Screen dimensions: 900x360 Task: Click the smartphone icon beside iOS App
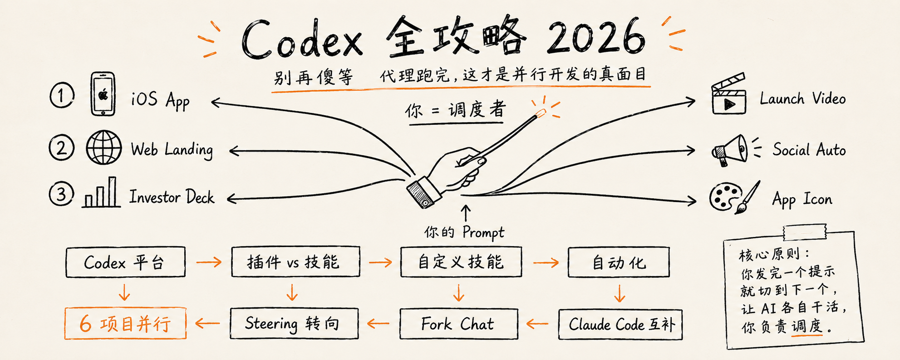point(103,94)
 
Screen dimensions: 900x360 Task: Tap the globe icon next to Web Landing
point(104,147)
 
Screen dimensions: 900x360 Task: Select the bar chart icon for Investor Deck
point(101,192)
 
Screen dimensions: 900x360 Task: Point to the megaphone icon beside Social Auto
point(730,150)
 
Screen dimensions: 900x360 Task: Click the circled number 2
point(61,148)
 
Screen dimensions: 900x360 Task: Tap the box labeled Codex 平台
point(125,262)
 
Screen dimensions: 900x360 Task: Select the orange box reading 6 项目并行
point(125,323)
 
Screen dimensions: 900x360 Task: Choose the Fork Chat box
point(458,324)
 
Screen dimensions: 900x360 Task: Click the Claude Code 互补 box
point(620,324)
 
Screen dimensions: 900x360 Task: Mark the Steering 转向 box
point(294,323)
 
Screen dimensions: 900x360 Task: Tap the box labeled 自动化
point(619,262)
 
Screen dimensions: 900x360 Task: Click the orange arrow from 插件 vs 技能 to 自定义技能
point(380,262)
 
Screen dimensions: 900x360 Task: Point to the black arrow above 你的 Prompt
point(465,213)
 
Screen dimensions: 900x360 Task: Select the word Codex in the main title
point(302,40)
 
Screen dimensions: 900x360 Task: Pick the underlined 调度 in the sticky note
point(807,326)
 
